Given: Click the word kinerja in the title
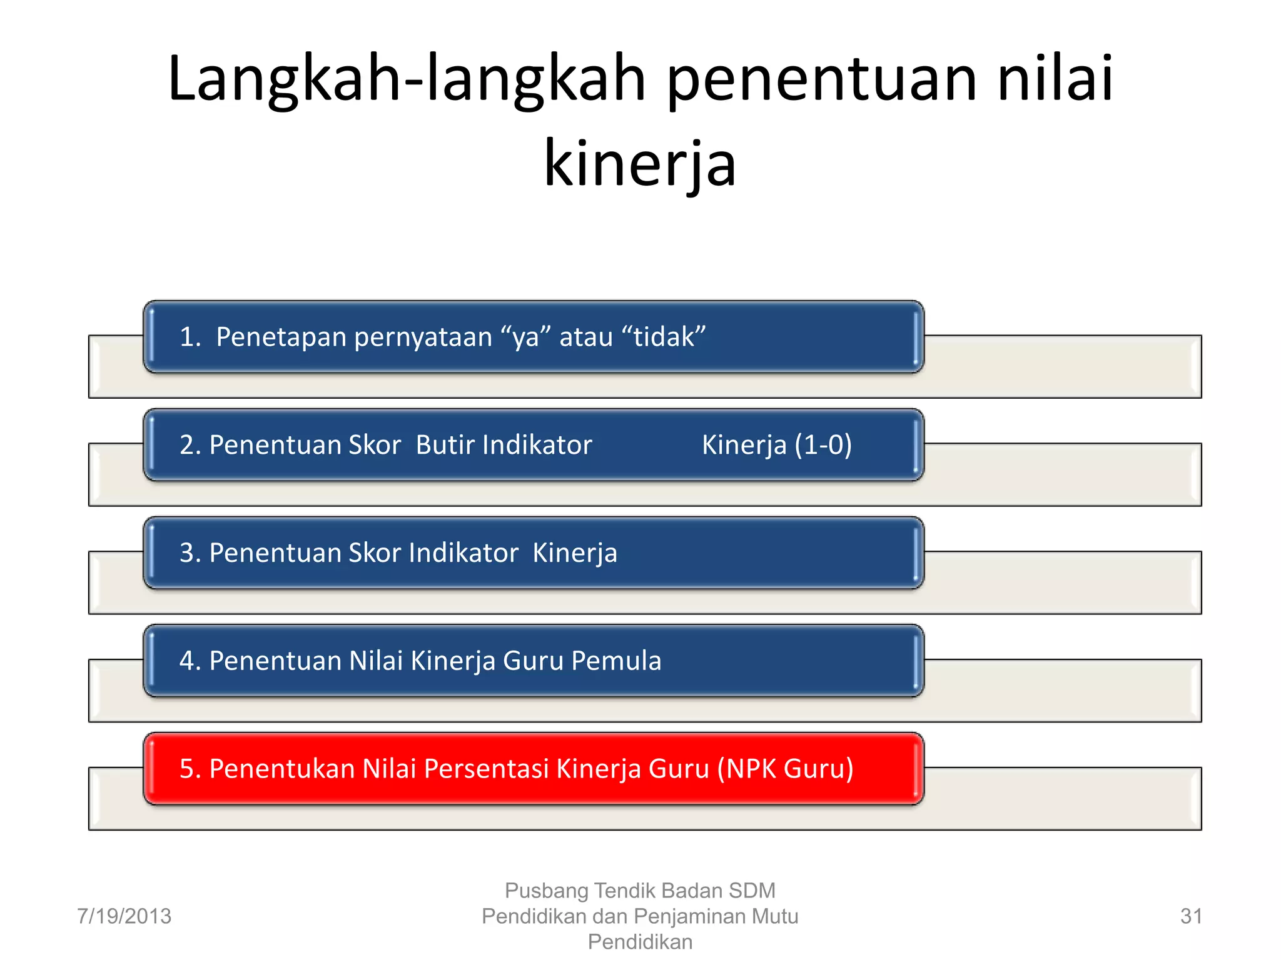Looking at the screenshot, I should [640, 164].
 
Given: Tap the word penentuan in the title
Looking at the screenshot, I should [821, 79].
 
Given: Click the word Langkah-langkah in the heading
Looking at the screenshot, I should [407, 79].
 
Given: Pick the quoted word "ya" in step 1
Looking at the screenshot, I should [525, 337].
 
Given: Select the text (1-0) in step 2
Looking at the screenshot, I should [823, 445].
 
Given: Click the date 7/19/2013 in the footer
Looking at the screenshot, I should [124, 916].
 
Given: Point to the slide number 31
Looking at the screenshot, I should [1190, 916].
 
